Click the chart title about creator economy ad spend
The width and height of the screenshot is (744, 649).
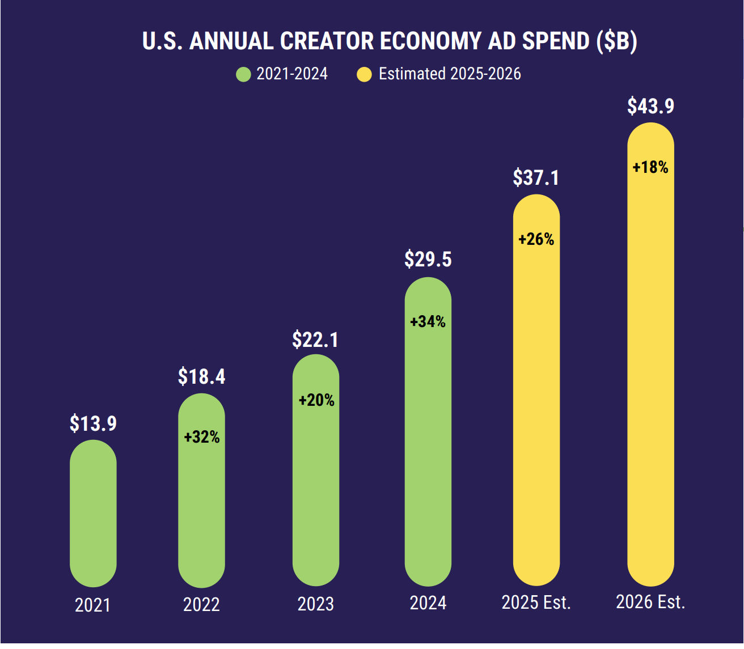[x=390, y=41]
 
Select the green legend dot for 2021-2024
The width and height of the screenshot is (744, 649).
[x=243, y=74]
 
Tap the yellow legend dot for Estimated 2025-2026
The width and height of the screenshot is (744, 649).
[x=364, y=74]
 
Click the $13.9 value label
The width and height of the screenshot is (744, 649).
[x=93, y=423]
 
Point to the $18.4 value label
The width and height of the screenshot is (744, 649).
[x=201, y=376]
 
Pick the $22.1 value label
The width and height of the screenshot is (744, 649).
[x=315, y=340]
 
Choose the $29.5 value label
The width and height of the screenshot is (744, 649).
[x=428, y=259]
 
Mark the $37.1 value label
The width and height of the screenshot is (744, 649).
[x=536, y=177]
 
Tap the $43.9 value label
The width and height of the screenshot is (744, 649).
[x=650, y=106]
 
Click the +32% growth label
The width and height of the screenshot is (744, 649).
[x=201, y=437]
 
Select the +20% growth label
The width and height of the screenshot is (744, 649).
[x=316, y=400]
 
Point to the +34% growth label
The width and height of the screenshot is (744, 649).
[x=428, y=322]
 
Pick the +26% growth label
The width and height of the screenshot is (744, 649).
[x=536, y=239]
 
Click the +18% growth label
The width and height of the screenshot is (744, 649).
[x=650, y=167]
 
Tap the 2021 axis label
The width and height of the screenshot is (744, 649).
[x=93, y=605]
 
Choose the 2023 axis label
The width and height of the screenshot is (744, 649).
[x=315, y=604]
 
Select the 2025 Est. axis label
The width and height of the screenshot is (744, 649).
[x=536, y=603]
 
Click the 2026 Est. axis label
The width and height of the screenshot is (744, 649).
[x=650, y=602]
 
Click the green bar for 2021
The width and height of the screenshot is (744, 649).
[x=93, y=516]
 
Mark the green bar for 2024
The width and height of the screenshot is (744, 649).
[x=428, y=453]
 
